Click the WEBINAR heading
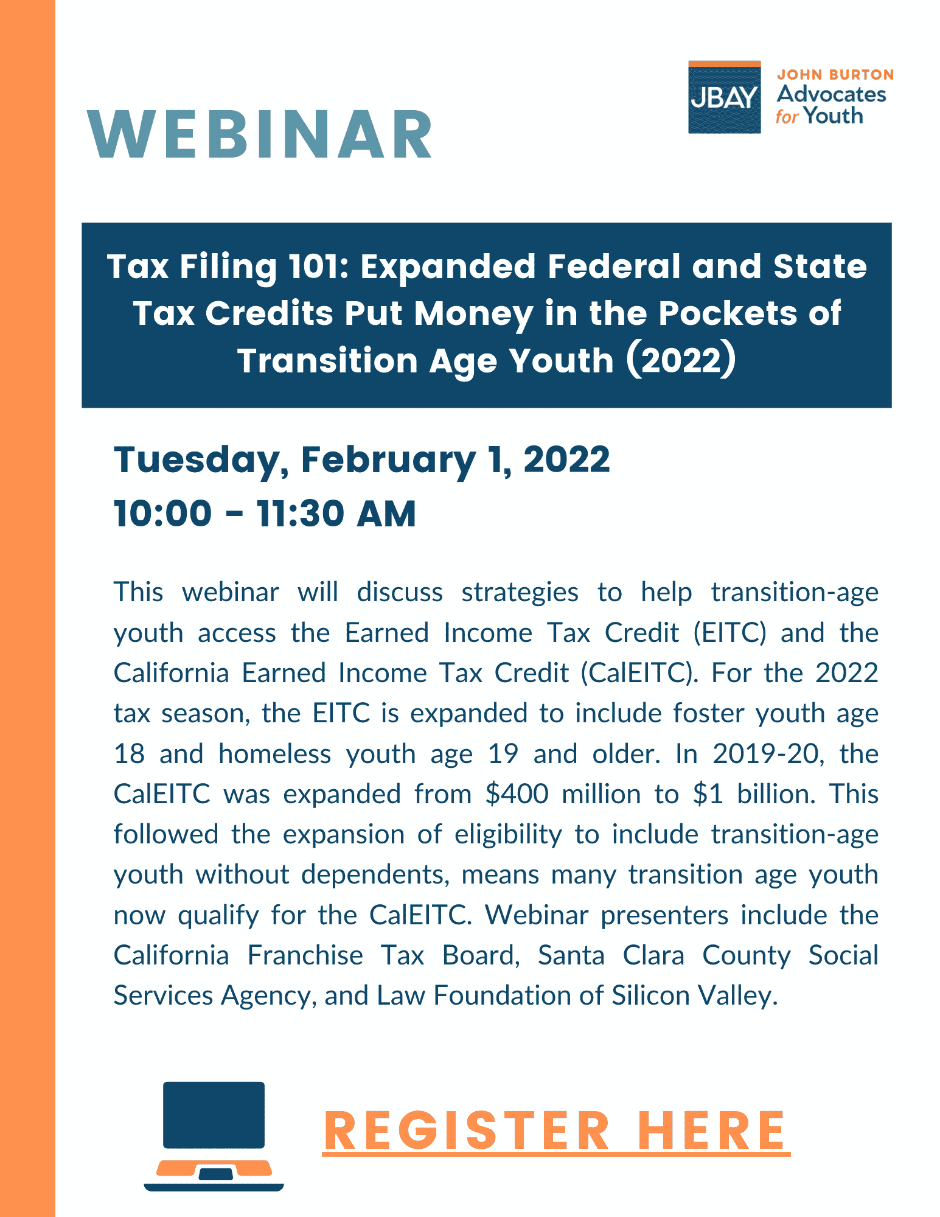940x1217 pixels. coord(260,135)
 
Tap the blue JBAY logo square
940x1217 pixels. coord(724,97)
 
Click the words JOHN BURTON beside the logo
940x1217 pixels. coord(835,75)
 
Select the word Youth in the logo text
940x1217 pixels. coord(833,116)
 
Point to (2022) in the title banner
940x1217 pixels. coord(681,360)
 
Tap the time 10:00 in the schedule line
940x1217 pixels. coord(162,514)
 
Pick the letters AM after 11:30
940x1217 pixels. coord(386,514)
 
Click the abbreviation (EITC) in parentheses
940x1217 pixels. coord(729,633)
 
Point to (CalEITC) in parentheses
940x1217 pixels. coord(639,674)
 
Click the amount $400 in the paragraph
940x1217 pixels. coord(517,794)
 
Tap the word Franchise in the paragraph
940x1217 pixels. coord(305,955)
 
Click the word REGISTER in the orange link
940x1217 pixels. coord(467,1131)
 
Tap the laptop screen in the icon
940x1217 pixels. coord(214,1115)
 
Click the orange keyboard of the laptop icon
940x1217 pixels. coord(214,1169)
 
